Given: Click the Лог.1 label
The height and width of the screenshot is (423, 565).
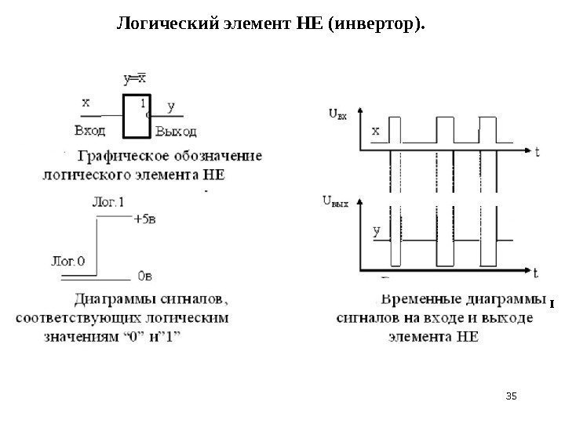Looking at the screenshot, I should tap(108, 201).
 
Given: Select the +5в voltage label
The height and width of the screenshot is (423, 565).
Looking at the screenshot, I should tap(146, 219).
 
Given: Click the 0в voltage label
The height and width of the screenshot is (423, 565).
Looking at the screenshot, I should tap(145, 276).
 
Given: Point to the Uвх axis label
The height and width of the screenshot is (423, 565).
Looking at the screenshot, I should tap(335, 116).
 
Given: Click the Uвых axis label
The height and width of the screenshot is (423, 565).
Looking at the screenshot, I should tap(336, 201).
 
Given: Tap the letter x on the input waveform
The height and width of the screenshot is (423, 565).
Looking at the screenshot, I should tap(375, 131).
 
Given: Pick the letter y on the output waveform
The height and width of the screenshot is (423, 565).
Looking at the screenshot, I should tap(376, 231).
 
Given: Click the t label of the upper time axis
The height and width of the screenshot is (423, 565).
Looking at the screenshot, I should tap(537, 154).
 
